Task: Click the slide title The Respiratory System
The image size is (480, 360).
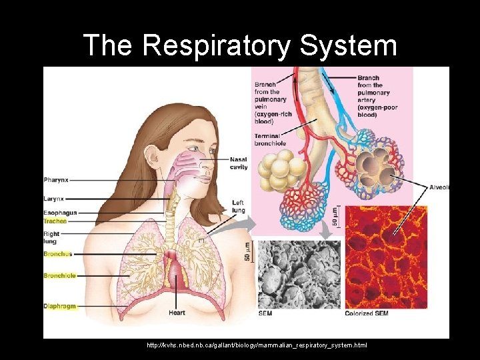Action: [240, 46]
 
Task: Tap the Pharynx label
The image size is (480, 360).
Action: [56, 180]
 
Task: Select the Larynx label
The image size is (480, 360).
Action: [54, 199]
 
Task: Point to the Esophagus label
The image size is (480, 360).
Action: [60, 213]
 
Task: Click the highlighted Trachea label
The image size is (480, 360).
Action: [55, 221]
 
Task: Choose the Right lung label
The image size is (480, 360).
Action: [51, 238]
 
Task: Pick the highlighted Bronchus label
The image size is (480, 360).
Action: [57, 254]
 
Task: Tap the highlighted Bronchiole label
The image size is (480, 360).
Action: [59, 275]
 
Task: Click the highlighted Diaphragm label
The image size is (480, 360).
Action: [59, 307]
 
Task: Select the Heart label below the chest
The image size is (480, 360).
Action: [177, 313]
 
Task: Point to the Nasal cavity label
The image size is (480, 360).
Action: [239, 163]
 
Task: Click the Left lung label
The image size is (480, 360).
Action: [238, 206]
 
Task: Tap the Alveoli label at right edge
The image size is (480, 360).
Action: [439, 187]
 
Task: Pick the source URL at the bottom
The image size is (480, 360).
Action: [257, 345]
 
